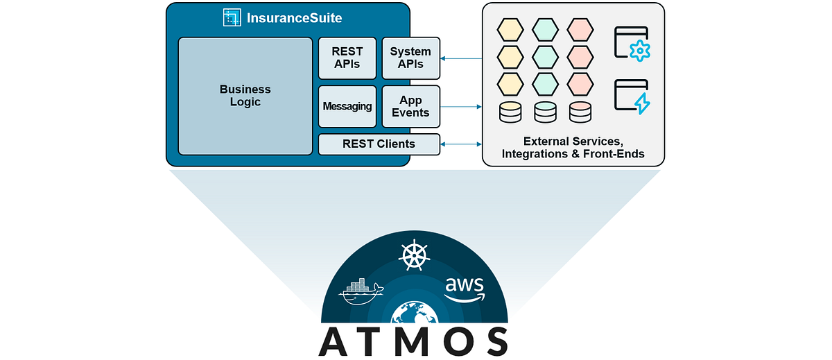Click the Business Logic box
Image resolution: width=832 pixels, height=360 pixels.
[x=245, y=96]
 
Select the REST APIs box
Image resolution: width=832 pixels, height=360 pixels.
[x=347, y=58]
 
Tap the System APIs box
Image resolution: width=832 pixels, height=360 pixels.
[x=410, y=58]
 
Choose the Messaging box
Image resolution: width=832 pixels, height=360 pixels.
[x=347, y=107]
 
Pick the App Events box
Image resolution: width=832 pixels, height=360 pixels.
[x=410, y=107]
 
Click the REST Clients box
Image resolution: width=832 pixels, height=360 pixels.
[x=379, y=144]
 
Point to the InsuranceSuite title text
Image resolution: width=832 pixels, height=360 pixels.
[x=294, y=18]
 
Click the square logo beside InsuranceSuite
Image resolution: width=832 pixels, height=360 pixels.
[x=232, y=18]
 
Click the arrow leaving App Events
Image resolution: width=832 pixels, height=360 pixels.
[x=461, y=107]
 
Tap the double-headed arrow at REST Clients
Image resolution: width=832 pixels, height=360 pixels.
[x=461, y=144]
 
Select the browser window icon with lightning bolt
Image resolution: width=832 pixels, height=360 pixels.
[x=631, y=97]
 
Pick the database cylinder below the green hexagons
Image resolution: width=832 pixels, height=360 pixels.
[x=545, y=112]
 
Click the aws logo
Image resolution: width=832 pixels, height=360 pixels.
[x=464, y=288]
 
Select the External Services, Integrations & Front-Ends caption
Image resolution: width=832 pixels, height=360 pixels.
[x=573, y=147]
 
